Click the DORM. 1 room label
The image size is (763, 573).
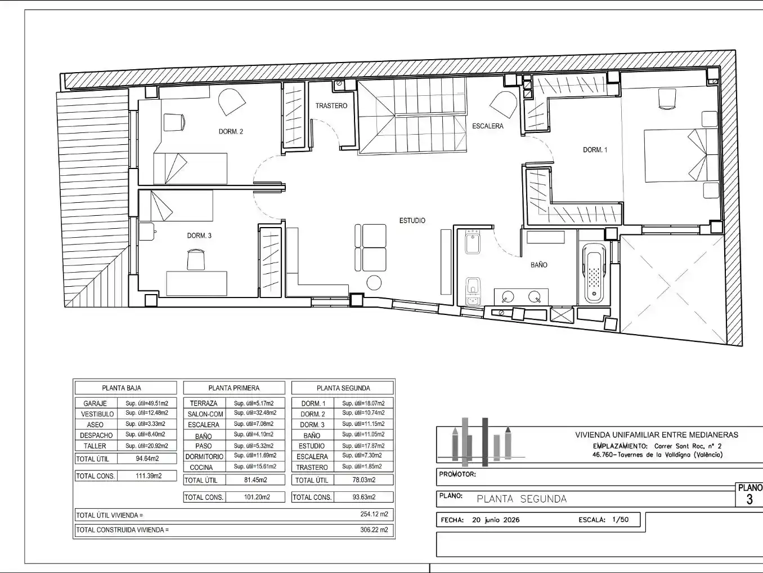595,150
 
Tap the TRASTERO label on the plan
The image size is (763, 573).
331,106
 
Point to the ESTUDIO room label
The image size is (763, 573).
412,220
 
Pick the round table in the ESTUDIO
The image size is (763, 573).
374,282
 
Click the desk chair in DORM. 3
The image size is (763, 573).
196,260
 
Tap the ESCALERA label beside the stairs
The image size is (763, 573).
487,126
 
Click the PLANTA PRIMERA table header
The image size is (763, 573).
234,388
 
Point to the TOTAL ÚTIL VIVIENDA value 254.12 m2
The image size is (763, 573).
374,514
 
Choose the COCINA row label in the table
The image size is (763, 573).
201,467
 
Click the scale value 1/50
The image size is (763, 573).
621,520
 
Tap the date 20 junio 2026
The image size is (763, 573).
496,520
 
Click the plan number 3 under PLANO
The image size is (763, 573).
749,500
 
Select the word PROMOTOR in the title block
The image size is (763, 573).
457,474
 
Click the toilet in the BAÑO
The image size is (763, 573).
473,285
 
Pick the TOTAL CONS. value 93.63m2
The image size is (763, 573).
364,497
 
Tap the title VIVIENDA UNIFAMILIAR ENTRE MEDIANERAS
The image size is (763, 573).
657,435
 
